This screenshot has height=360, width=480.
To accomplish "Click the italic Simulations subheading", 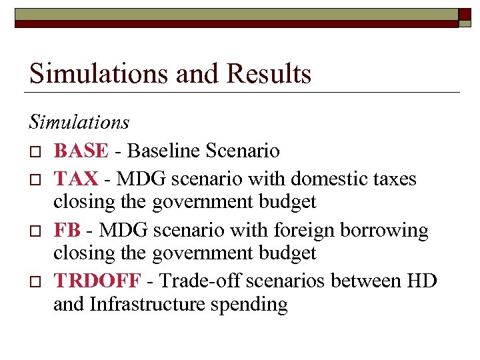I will coord(79,122).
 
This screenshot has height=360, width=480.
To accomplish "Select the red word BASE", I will coord(80,151).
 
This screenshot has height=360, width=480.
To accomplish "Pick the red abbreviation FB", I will coord(67,230).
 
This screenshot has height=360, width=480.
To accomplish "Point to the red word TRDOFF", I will coord(97,281).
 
